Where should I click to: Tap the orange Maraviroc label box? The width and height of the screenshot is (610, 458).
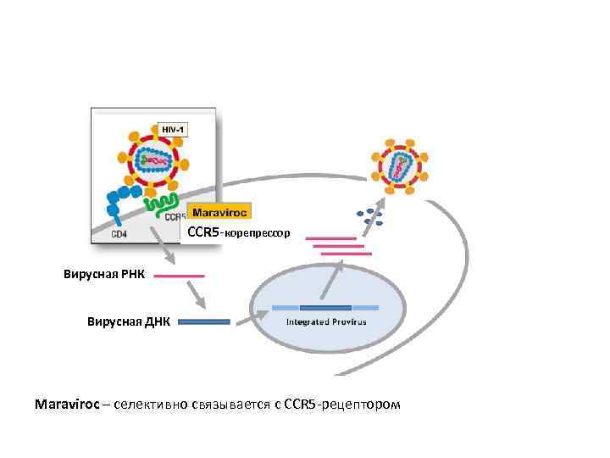[219, 212]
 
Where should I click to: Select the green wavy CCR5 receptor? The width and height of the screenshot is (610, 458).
[159, 204]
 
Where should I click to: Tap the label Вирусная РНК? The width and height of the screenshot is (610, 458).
[104, 276]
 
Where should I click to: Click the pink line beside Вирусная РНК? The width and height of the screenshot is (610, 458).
[179, 276]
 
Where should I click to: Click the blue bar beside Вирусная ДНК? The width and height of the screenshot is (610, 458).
[203, 322]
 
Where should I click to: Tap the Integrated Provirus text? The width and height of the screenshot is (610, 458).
[326, 322]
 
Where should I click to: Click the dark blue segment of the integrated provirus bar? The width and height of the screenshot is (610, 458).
[325, 306]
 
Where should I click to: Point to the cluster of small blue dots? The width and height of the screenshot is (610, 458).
[369, 217]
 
